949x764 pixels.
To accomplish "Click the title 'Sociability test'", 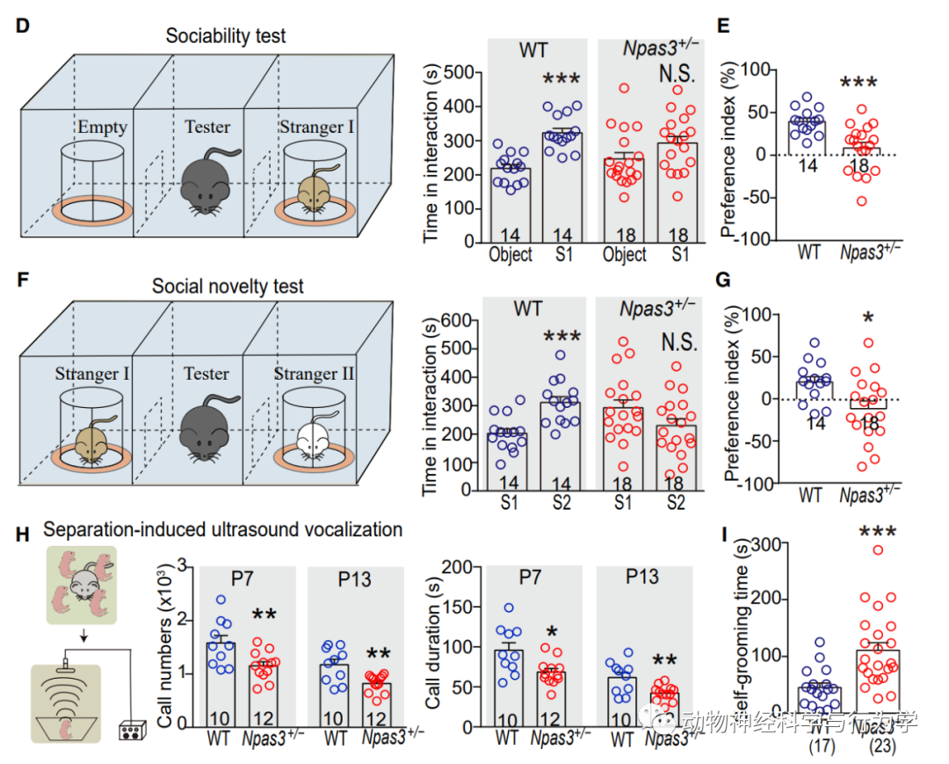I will click(x=226, y=36).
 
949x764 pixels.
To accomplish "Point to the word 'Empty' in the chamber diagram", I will click(x=102, y=127).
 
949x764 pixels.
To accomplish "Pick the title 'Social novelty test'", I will click(x=228, y=287).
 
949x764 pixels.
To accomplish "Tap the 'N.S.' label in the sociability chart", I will click(x=677, y=74).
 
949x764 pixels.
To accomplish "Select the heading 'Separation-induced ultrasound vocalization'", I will click(x=222, y=529).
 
